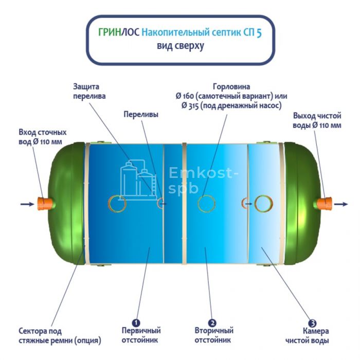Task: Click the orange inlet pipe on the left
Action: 45,204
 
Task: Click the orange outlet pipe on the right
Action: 324,204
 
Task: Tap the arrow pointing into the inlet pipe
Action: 27,204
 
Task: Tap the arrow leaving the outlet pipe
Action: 341,204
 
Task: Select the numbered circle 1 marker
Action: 136,323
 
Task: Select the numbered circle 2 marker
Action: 212,323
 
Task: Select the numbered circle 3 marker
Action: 312,323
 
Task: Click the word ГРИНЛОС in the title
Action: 119,32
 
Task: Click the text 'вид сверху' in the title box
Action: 181,46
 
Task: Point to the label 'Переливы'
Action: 141,114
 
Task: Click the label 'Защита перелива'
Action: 89,92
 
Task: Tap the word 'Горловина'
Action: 231,87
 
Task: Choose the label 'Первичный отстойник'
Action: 141,335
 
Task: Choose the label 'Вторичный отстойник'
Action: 214,335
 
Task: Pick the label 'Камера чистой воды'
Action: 307,336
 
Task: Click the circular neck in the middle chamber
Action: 206,204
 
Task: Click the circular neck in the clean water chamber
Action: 263,204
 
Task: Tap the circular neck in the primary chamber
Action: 117,204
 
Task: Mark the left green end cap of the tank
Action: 66,204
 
